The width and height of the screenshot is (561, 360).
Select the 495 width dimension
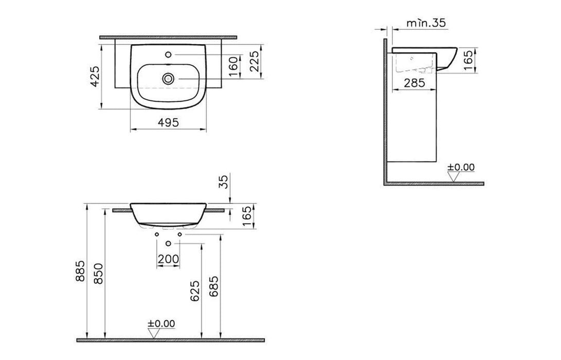[x=168, y=122]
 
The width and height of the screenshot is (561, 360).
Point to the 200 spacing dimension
[x=168, y=259]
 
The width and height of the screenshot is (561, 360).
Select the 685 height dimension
[x=214, y=288]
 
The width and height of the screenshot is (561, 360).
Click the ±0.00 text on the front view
[x=161, y=323]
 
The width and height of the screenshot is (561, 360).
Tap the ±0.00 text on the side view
[x=461, y=167]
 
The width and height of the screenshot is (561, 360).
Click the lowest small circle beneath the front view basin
[x=168, y=242]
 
